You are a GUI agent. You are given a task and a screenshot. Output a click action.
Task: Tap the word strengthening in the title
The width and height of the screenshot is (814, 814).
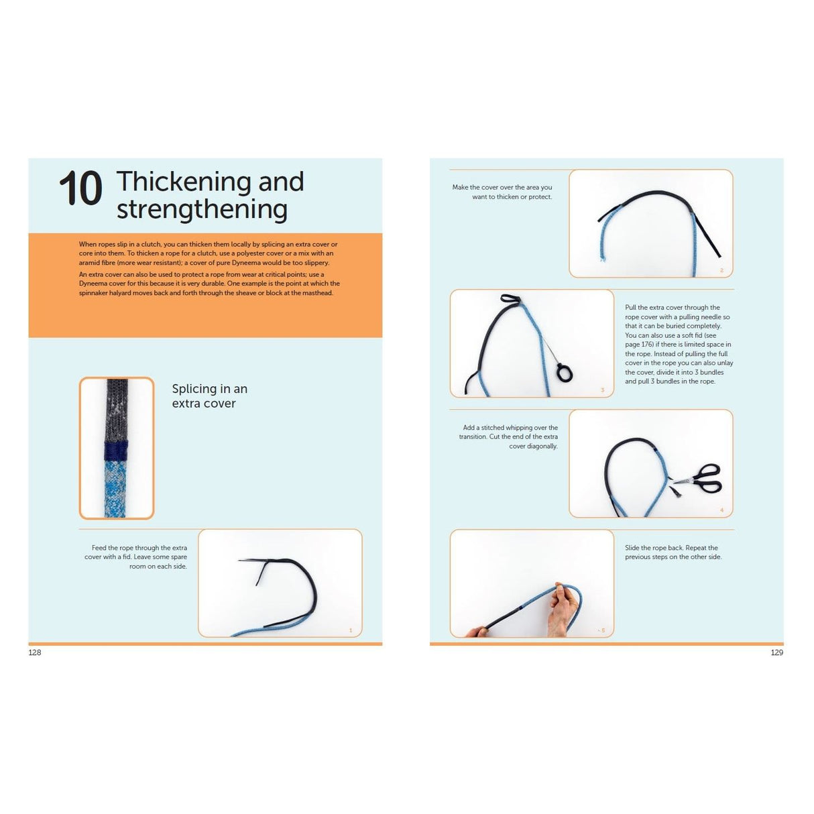tap(202, 209)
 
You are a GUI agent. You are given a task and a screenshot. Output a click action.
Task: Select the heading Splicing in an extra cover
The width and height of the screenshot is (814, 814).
tap(209, 396)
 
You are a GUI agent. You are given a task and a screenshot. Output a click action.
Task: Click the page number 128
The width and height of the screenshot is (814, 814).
tap(35, 652)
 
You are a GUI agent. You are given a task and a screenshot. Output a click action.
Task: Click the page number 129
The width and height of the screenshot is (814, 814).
tap(776, 652)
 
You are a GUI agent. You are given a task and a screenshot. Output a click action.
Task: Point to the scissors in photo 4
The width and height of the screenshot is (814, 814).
tap(701, 477)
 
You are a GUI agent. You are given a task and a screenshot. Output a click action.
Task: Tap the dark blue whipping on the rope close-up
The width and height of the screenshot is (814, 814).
tap(117, 451)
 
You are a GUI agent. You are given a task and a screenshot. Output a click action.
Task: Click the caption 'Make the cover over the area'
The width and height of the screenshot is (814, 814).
tap(502, 192)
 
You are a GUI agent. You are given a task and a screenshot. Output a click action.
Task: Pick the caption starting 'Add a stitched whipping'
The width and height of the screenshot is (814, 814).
tap(509, 437)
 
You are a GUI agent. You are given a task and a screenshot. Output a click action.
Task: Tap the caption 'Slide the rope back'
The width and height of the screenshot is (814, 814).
tap(673, 552)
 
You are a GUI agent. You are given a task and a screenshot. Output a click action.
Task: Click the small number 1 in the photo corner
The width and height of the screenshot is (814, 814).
tap(351, 630)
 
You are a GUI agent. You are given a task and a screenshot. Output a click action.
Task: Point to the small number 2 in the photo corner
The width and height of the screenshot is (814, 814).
tap(721, 270)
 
